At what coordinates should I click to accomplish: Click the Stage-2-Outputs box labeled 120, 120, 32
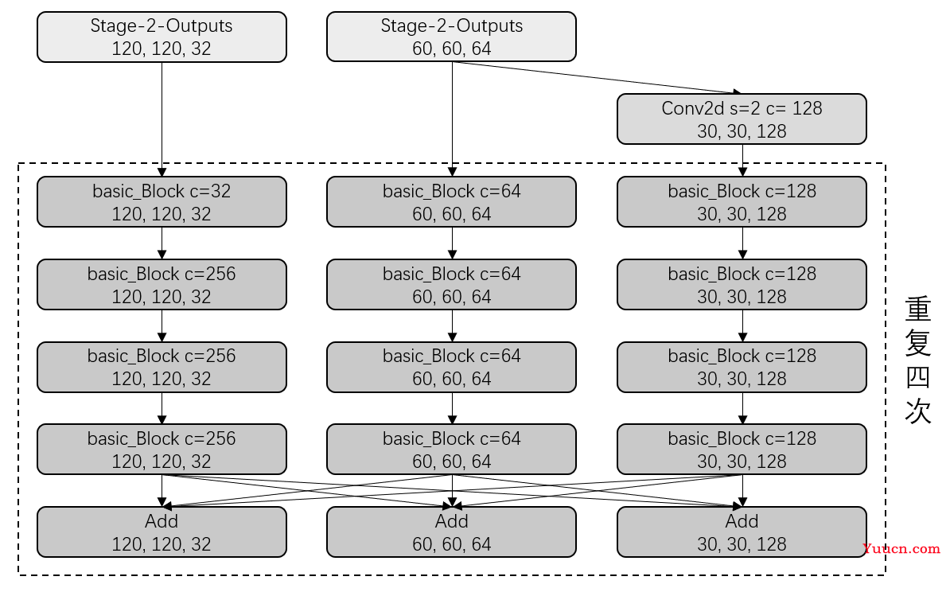point(162,37)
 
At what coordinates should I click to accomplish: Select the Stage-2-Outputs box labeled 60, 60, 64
point(451,37)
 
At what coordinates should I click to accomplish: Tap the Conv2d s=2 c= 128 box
point(742,119)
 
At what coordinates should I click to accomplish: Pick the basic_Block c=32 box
point(162,202)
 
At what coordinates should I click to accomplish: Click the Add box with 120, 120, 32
point(162,532)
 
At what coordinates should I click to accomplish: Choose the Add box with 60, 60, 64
point(451,532)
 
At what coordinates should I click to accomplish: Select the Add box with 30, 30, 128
point(742,532)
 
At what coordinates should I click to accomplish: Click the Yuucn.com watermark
point(901,548)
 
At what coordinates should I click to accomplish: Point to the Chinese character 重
point(918,309)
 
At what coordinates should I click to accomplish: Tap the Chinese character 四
point(918,377)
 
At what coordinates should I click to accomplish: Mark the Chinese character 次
point(918,411)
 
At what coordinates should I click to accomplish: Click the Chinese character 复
point(918,343)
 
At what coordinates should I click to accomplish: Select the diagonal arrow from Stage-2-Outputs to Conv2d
point(597,77)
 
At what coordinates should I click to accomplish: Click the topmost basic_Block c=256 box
point(162,285)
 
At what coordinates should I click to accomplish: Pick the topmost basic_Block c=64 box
point(451,202)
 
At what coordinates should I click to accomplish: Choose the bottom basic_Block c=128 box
point(742,449)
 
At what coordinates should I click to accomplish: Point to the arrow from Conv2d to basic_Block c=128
point(742,161)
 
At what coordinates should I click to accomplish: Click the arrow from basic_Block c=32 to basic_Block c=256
point(162,243)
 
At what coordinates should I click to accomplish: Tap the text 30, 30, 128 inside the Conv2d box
point(742,131)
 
